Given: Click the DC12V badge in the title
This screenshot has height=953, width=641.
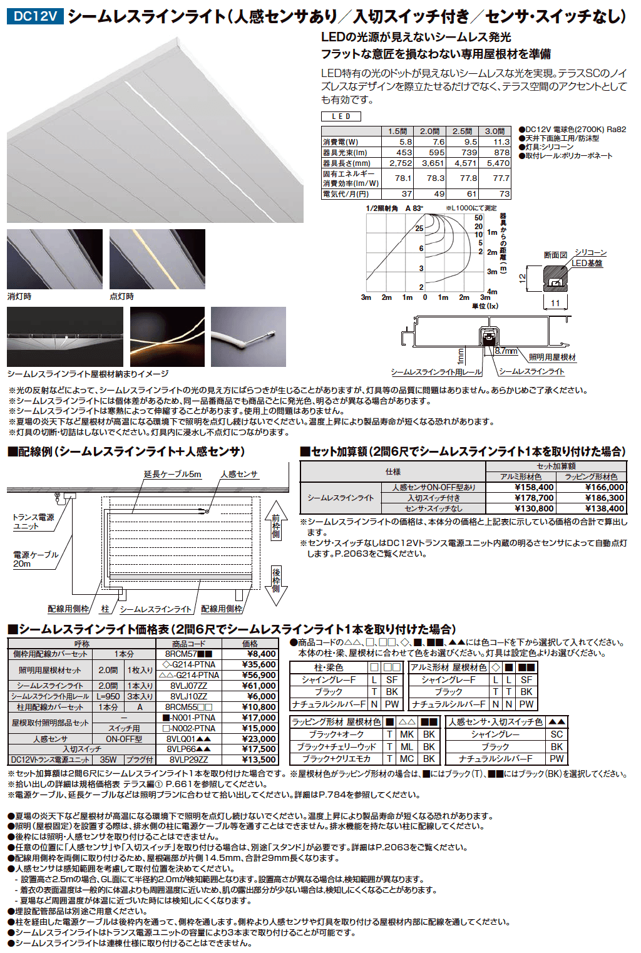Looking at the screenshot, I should [x=35, y=16].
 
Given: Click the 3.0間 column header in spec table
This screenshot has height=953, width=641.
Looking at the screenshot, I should [x=495, y=131].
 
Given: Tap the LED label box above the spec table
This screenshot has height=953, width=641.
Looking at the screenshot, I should [x=341, y=116].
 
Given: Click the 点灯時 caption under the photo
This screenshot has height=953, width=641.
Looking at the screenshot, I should [x=122, y=296].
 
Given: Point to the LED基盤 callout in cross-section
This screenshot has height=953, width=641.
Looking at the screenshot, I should [x=587, y=263].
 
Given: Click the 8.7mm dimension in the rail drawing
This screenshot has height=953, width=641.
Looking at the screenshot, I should [x=506, y=351].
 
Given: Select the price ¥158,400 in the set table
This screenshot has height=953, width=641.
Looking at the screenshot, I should [x=533, y=487].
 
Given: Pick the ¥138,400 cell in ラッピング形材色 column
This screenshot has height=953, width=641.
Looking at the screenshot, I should [x=605, y=508].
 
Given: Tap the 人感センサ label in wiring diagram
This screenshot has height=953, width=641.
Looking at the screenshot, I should [x=239, y=474].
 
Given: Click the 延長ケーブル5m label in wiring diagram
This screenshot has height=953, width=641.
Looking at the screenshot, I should [x=173, y=474].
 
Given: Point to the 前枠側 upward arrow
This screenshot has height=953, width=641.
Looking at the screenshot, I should [x=275, y=522].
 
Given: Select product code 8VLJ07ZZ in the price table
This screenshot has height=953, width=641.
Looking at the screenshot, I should [x=188, y=686].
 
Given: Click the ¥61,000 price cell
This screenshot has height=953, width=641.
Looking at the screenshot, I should [x=259, y=686].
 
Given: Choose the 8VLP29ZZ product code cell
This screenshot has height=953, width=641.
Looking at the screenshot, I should [x=188, y=760].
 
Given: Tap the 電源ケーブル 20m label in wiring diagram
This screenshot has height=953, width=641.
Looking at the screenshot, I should [x=35, y=559].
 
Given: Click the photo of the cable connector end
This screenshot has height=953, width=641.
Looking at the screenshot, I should [x=249, y=336].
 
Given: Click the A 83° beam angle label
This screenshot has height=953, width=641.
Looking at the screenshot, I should [x=414, y=209].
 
